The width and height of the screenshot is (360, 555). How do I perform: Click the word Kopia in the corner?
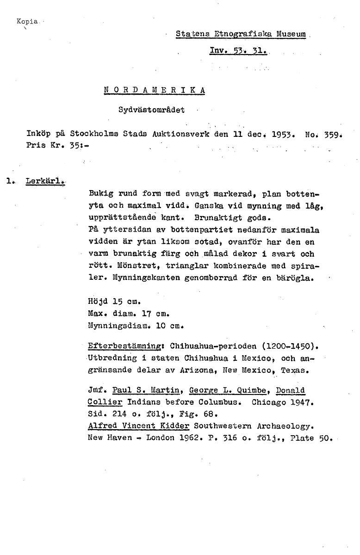(25, 21)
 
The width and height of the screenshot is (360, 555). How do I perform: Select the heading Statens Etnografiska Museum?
(241, 34)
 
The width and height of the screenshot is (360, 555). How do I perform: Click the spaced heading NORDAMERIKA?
(154, 90)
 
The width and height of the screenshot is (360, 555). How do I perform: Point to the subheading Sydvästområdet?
(151, 110)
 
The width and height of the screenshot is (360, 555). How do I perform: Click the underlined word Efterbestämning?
(127, 345)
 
